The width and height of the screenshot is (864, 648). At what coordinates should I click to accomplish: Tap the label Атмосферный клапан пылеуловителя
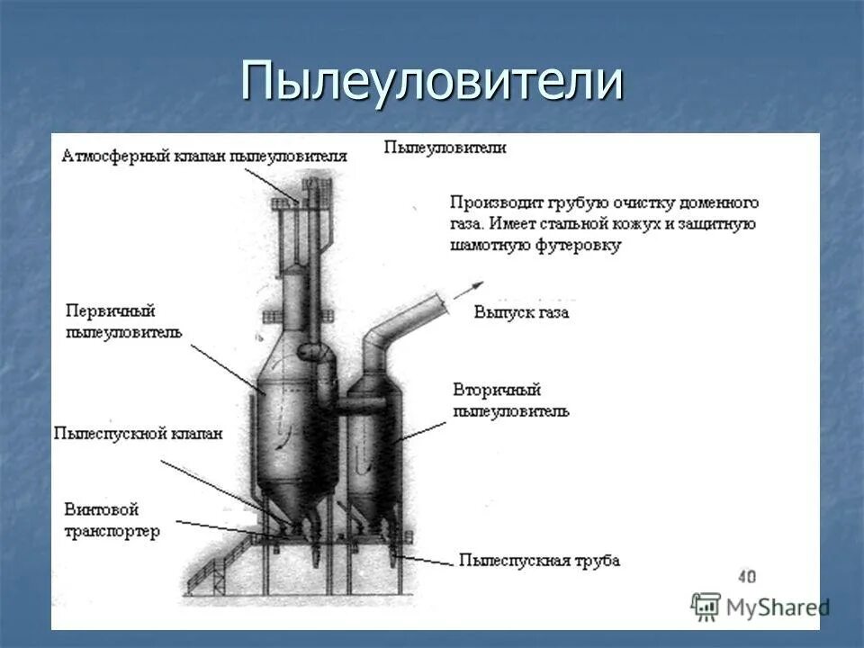tap(204, 156)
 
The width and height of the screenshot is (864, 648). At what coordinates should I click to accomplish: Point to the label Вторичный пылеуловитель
tap(510, 400)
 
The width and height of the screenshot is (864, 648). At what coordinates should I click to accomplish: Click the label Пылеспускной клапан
tap(138, 433)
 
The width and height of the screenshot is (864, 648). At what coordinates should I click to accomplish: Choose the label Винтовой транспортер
tap(112, 520)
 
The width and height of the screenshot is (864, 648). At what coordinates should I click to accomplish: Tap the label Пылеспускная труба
tap(538, 561)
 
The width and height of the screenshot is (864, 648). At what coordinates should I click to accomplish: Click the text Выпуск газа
tap(521, 312)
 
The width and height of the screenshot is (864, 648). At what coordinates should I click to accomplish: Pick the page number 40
tap(746, 577)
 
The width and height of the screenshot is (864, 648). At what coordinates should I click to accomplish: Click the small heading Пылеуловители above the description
tap(445, 148)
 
